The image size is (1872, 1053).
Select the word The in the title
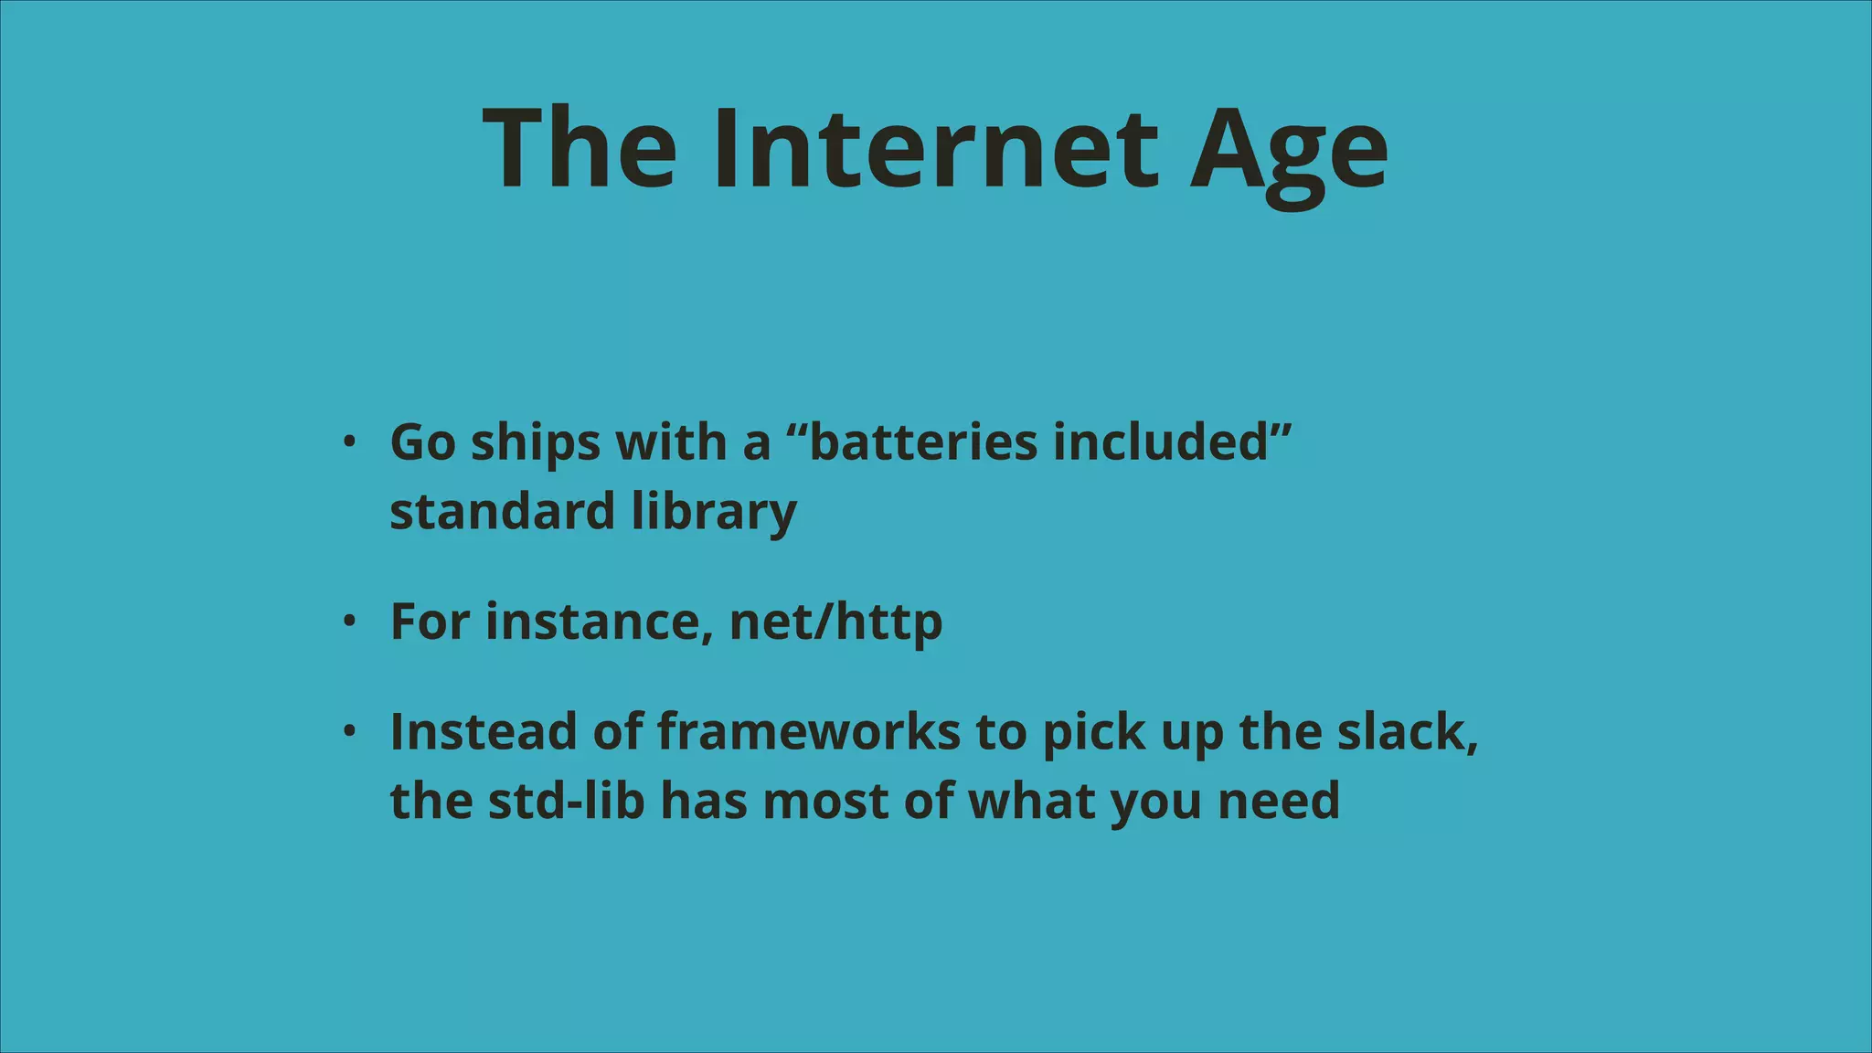tap(580, 148)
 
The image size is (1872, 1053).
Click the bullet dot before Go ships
tap(348, 442)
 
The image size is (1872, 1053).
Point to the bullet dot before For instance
tap(348, 622)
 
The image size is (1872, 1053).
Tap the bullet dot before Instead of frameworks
tap(348, 731)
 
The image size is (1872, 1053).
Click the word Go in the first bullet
tap(422, 442)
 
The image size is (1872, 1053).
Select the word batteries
tap(923, 442)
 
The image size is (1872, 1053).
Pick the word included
tap(1160, 442)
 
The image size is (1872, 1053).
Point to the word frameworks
tap(808, 731)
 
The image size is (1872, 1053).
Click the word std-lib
tap(566, 801)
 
